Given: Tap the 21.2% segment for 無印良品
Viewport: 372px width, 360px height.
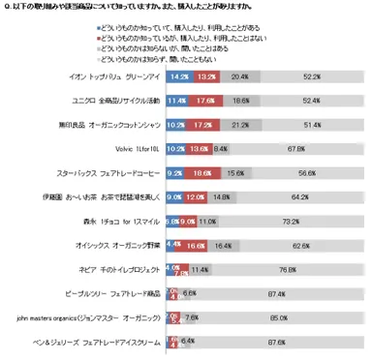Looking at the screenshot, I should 239,123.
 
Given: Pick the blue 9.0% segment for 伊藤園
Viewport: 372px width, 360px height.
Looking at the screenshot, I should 175,197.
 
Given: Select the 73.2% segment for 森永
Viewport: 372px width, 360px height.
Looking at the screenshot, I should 289,222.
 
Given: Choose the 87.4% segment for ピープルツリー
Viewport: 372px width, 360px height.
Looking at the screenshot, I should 275,291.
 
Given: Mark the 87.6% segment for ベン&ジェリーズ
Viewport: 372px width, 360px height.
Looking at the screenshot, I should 275,340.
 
